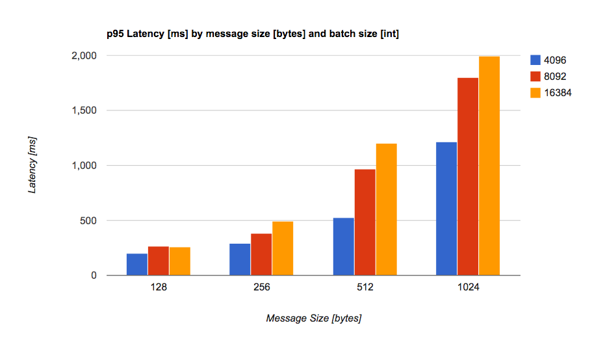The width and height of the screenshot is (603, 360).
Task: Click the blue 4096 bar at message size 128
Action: (x=136, y=264)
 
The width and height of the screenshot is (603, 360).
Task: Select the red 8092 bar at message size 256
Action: (x=261, y=255)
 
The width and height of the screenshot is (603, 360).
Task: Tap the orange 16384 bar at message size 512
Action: (x=386, y=209)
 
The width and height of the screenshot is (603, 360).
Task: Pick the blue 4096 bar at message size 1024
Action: (x=446, y=209)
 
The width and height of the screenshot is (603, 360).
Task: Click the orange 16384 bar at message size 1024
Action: (x=489, y=166)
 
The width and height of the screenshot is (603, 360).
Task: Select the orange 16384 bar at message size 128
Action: (x=180, y=261)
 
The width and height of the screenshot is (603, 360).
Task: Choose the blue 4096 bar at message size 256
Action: (x=240, y=259)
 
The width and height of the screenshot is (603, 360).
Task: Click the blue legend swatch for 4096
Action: (x=536, y=60)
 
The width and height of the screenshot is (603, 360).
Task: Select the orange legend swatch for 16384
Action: (x=536, y=93)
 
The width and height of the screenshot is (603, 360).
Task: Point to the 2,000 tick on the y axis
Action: (x=84, y=57)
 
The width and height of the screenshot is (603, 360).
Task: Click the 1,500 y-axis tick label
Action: (x=84, y=111)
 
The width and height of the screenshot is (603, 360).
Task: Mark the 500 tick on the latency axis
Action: (x=90, y=221)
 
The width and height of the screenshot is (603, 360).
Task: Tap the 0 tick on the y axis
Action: (x=94, y=276)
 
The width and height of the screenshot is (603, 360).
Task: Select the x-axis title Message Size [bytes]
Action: (x=314, y=319)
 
